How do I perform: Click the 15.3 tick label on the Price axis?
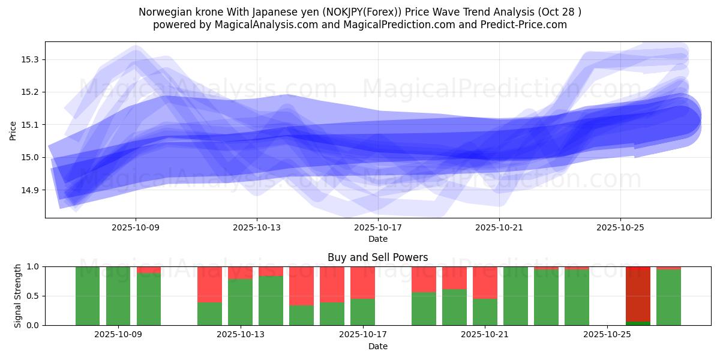[x=30, y=59]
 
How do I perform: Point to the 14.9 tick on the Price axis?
[x=30, y=190]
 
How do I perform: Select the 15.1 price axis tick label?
[x=30, y=125]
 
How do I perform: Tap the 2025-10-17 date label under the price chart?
[x=378, y=227]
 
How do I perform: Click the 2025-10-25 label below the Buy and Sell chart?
[x=607, y=335]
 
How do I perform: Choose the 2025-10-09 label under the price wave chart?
[x=136, y=227]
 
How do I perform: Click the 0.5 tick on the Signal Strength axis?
[x=33, y=296]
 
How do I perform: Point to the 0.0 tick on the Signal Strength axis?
[x=33, y=325]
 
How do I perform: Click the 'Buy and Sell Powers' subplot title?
[x=377, y=257]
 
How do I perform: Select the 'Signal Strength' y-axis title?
[x=18, y=295]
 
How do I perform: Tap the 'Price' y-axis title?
[x=13, y=130]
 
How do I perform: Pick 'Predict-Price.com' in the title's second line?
[x=521, y=25]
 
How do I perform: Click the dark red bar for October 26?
[x=638, y=294]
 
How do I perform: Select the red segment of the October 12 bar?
[x=209, y=284]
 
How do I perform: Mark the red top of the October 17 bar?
[x=362, y=282]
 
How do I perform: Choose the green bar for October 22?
[x=515, y=296]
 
